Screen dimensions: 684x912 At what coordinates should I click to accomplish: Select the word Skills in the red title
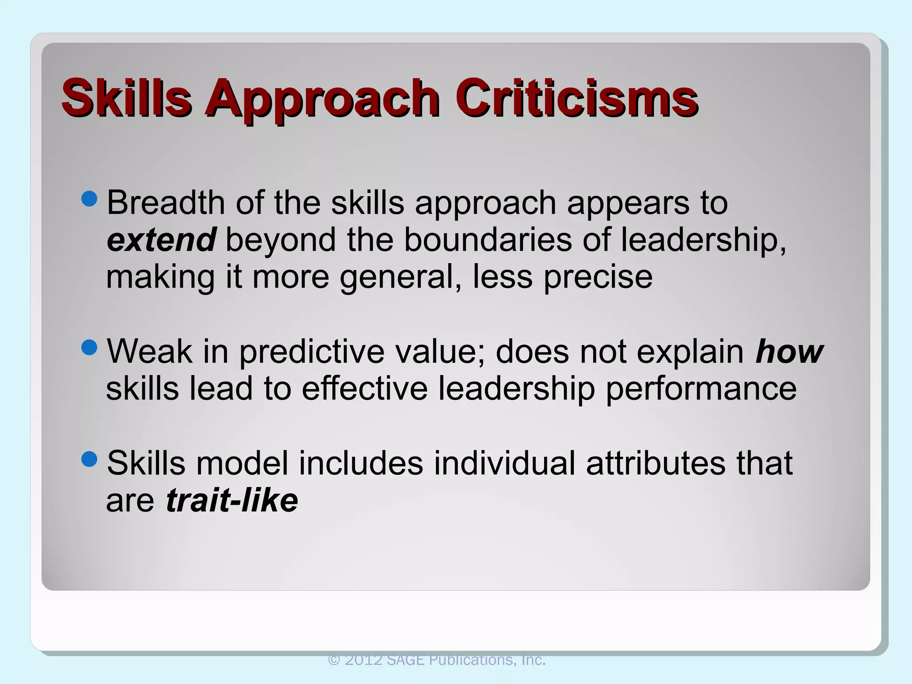coord(126,98)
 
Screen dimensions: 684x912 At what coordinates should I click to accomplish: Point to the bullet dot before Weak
coord(90,348)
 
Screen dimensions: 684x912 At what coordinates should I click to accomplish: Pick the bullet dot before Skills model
coord(90,459)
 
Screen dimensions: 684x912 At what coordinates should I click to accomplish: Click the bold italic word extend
coord(161,240)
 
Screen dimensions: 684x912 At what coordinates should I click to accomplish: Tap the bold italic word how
coord(789,351)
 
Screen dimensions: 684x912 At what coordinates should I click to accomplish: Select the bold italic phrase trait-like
coord(232,500)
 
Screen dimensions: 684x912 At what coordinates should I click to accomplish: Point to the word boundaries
coord(488,240)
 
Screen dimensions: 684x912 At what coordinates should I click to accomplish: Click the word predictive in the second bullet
coord(312,352)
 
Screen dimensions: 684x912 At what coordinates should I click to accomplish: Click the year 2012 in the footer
coord(363,660)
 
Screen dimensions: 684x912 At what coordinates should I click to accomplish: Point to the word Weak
coord(150,351)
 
